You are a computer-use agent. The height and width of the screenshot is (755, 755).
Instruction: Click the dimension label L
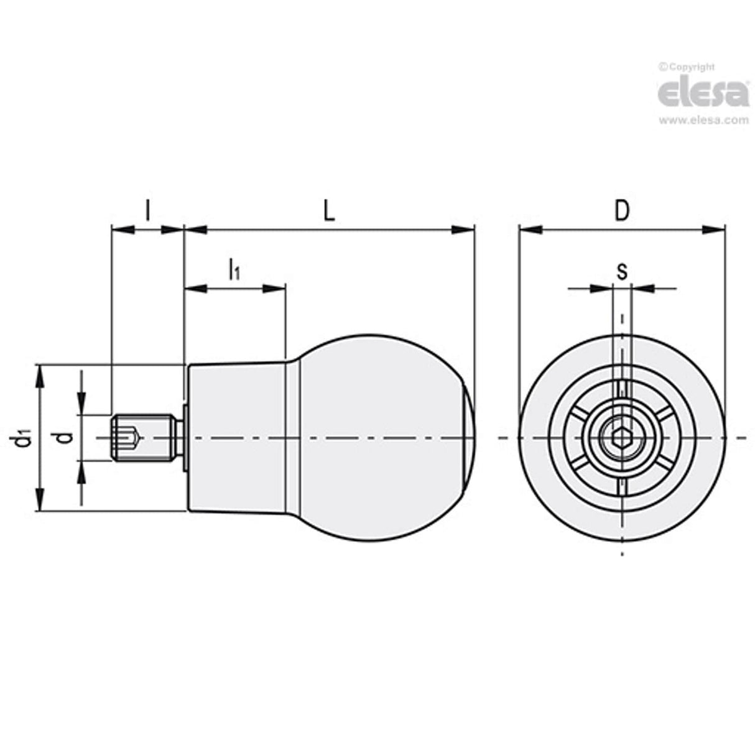[329, 211]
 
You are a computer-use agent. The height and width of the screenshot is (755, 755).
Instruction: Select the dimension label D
[621, 211]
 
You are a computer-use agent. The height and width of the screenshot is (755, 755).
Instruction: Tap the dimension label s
[621, 271]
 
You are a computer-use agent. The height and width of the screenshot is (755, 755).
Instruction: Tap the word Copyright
[690, 67]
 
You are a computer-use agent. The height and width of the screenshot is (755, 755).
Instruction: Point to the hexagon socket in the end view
[622, 439]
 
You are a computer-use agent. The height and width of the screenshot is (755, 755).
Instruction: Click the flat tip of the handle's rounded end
[471, 439]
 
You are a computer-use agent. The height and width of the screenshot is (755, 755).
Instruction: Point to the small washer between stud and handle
[185, 439]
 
